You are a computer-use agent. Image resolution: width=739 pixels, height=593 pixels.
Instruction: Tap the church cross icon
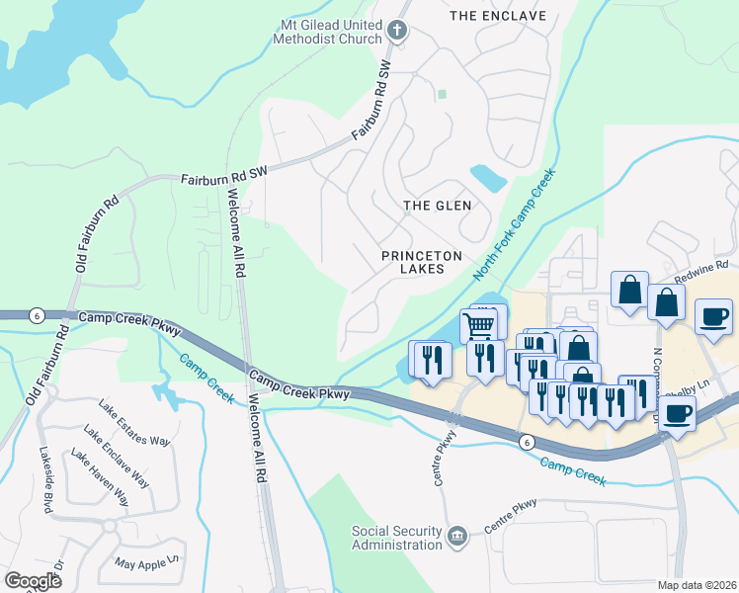click(x=397, y=31)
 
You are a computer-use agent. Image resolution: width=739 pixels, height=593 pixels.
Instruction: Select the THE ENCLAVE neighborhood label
click(x=497, y=16)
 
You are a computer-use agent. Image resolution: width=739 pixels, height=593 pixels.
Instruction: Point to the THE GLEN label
click(x=438, y=206)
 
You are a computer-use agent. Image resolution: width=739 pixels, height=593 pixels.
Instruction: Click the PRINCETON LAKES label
click(x=422, y=262)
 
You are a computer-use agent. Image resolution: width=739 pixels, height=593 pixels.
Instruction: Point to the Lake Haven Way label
click(x=99, y=476)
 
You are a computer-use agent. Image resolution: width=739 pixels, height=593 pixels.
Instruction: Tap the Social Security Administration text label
click(x=397, y=537)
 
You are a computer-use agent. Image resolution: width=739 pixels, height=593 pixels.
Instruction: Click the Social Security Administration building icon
click(x=456, y=537)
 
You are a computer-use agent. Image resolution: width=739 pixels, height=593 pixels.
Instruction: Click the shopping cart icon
click(x=480, y=323)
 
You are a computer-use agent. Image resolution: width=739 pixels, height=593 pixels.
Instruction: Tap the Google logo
click(x=33, y=580)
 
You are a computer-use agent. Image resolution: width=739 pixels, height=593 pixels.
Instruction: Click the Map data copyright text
click(x=696, y=585)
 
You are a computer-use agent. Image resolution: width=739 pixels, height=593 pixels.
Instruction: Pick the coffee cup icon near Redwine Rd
click(x=714, y=317)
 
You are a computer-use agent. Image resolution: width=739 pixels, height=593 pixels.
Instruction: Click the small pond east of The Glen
click(x=489, y=179)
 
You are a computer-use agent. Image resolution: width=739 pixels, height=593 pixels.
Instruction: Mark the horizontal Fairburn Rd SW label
click(x=224, y=178)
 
